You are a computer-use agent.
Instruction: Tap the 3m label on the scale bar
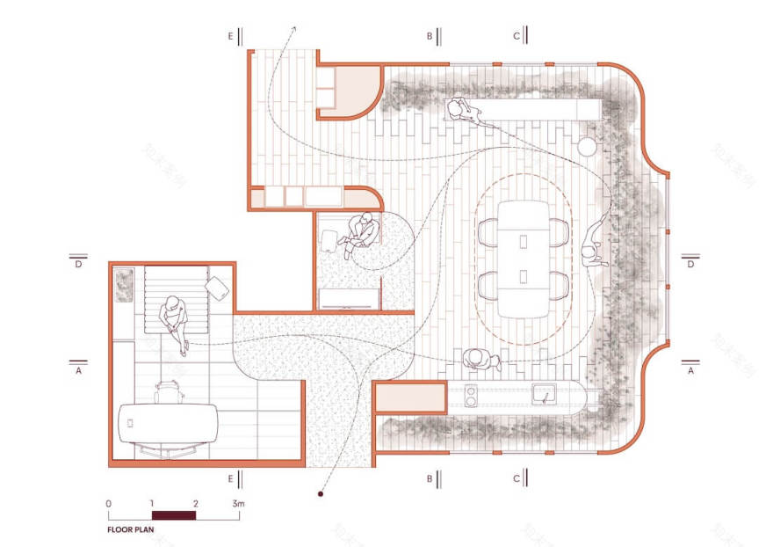(238, 503)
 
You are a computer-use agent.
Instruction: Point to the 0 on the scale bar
(108, 503)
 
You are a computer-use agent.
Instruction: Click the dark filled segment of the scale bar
(173, 514)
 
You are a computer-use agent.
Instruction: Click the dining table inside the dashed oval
(522, 257)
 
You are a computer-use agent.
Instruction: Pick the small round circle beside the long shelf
(586, 145)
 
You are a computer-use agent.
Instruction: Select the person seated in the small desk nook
(362, 232)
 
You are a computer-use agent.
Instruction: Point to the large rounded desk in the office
(169, 422)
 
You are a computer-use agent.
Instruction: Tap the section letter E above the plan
(230, 36)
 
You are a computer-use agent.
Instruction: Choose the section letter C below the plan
(516, 479)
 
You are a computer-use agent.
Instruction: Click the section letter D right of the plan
(691, 263)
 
